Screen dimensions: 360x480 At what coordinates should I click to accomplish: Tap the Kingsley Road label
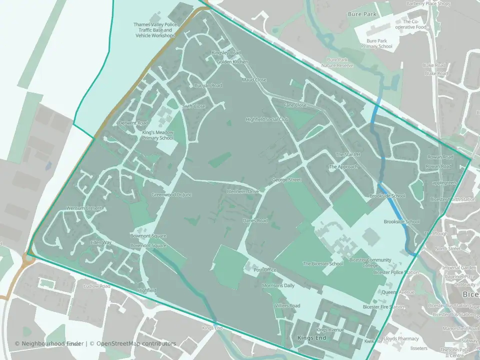pos(226,53)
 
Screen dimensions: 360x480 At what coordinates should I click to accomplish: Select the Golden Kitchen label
pos(232,61)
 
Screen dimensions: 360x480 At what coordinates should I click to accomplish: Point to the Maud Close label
pos(254,80)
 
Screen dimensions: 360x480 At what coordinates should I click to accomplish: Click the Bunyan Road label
pos(208,85)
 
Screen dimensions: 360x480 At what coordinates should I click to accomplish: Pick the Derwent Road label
pos(133,123)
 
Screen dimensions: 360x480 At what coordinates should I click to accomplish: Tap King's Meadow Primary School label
pos(157,135)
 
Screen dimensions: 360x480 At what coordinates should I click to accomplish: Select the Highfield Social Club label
pos(267,119)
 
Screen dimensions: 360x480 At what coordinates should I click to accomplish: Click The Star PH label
pos(347,154)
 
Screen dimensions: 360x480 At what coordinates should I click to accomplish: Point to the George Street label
pos(286,179)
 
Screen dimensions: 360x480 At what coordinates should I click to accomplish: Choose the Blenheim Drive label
pos(242,191)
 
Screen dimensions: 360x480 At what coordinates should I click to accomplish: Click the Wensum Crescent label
pos(84,208)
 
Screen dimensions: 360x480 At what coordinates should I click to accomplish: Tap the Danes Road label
pos(255,220)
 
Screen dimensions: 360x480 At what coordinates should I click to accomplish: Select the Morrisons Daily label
pos(278,285)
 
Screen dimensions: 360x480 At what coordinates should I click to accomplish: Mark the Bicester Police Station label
pos(395,272)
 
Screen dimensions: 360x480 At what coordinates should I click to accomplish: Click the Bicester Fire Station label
pos(383,306)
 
